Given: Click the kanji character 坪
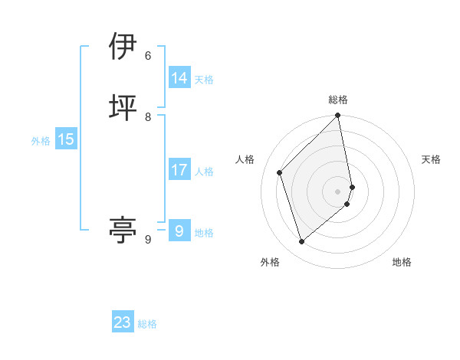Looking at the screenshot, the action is pos(123,106).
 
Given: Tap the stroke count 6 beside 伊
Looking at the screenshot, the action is pos(148,56).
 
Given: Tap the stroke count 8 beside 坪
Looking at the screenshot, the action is pos(148,116).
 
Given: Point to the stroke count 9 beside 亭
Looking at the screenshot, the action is pos(148,240).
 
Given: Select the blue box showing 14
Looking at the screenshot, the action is pos(179,78).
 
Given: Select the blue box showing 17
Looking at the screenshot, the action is pos(179,170).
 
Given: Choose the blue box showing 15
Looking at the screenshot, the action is pos(66,139).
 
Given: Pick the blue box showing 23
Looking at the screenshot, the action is pos(123,322).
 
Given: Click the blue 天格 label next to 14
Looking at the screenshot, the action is pos(204,80).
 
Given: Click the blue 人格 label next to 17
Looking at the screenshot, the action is pos(204,172).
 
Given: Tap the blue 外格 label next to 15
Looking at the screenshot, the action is pos(41,141).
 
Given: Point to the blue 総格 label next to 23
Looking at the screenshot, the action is pos(147,324).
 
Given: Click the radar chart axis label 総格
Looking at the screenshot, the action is pos(338,100).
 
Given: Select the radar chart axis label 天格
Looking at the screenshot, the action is pos(431,159).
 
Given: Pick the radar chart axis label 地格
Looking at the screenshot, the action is pos(402,262).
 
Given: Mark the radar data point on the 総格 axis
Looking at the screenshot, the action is pos(338,116).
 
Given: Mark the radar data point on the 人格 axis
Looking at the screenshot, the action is pos(280,172).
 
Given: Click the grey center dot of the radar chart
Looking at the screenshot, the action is pos(338,191).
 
